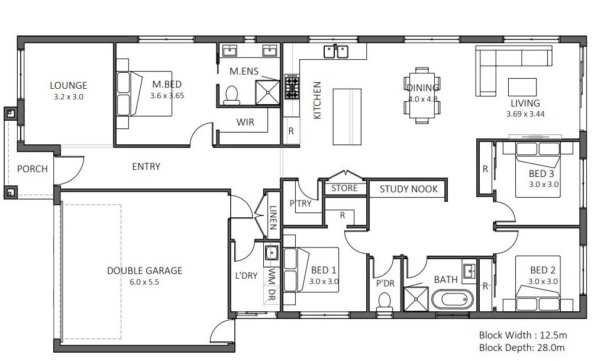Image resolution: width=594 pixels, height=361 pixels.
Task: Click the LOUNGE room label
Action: click(69, 86)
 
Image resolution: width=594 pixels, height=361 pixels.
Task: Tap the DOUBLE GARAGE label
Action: click(145, 270)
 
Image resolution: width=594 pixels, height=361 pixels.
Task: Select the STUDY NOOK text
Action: click(408, 189)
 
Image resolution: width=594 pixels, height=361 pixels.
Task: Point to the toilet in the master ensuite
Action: click(231, 95)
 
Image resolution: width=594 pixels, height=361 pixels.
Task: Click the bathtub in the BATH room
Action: click(453, 299)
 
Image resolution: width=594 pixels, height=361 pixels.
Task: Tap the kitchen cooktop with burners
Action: click(291, 87)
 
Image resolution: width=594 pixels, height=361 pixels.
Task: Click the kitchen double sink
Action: click(335, 51)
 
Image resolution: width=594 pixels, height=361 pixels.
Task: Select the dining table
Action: click(422, 95)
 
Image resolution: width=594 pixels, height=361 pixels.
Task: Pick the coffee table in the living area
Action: click(522, 87)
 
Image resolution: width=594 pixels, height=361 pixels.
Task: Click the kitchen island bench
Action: click(347, 117)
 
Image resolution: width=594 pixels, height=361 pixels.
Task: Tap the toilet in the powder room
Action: click(385, 302)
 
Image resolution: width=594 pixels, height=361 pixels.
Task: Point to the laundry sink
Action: click(271, 253)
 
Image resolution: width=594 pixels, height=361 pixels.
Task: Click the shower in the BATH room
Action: click(416, 299)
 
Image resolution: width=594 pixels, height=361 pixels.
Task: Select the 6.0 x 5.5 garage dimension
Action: click(144, 282)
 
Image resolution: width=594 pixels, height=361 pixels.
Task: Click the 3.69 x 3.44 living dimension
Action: click(525, 114)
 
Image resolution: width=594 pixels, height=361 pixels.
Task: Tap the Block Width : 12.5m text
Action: click(523, 335)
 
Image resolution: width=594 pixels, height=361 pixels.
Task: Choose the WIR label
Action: click(245, 123)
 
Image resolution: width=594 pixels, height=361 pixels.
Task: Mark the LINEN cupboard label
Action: click(273, 217)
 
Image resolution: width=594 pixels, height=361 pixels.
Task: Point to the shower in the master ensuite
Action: click(267, 92)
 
